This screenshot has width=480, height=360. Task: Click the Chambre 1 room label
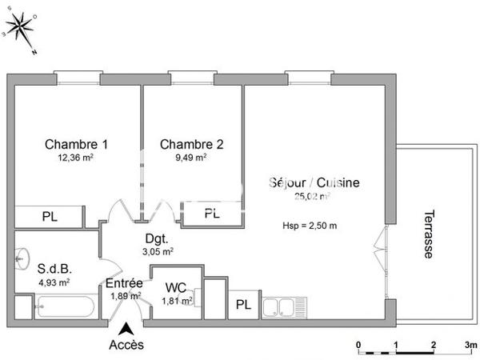pyautogui.click(x=76, y=145)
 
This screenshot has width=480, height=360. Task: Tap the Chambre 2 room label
pyautogui.click(x=191, y=145)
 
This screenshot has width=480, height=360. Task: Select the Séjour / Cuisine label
pyautogui.click(x=314, y=182)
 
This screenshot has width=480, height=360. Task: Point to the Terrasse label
pyautogui.click(x=430, y=234)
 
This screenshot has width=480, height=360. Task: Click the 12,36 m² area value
pyautogui.click(x=76, y=158)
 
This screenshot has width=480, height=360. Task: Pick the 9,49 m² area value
pyautogui.click(x=191, y=158)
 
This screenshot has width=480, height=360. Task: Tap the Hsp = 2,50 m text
pyautogui.click(x=310, y=225)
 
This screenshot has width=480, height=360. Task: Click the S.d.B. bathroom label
pyautogui.click(x=54, y=269)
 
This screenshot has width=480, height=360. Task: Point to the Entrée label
pyautogui.click(x=124, y=283)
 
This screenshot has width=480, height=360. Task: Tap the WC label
pyautogui.click(x=176, y=287)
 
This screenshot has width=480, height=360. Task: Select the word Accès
pyautogui.click(x=126, y=346)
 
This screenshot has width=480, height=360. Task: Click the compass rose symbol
pyautogui.click(x=22, y=28)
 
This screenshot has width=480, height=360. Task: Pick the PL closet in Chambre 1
pyautogui.click(x=50, y=215)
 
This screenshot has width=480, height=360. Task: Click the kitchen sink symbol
pyautogui.click(x=285, y=306)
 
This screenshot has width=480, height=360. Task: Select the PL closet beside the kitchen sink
pyautogui.click(x=242, y=306)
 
